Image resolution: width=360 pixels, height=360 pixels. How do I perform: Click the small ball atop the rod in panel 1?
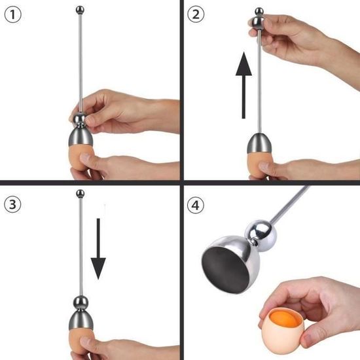click(81, 10)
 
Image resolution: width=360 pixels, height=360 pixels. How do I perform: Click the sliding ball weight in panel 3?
click(81, 302)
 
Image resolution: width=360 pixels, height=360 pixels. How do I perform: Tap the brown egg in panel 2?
click(261, 166)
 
